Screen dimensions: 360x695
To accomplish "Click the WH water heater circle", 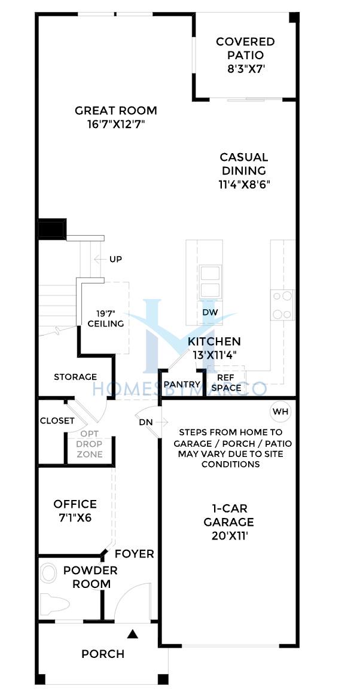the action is pos(280,411).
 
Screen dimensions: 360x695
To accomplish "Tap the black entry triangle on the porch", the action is pos(132,634).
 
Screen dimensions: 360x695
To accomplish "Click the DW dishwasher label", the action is pos(210,312).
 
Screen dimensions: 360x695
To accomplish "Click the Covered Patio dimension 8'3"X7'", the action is pos(245,69).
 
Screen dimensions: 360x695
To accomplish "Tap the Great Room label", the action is pos(116,111).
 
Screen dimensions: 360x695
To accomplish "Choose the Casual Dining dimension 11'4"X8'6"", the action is pos(245,184).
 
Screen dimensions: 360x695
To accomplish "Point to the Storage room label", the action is pos(75,377).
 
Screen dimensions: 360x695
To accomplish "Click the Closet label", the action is pos(57,420).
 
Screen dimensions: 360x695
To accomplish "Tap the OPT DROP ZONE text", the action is pos(90,444).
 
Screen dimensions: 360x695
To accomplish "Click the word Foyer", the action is pos(135,554).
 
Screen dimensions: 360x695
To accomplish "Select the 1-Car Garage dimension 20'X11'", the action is pos(229,536).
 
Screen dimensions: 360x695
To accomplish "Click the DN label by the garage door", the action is pos(146,422).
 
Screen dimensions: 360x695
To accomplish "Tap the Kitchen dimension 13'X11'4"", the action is pos(214,355).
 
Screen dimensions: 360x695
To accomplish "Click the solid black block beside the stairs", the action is pos(52,229).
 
